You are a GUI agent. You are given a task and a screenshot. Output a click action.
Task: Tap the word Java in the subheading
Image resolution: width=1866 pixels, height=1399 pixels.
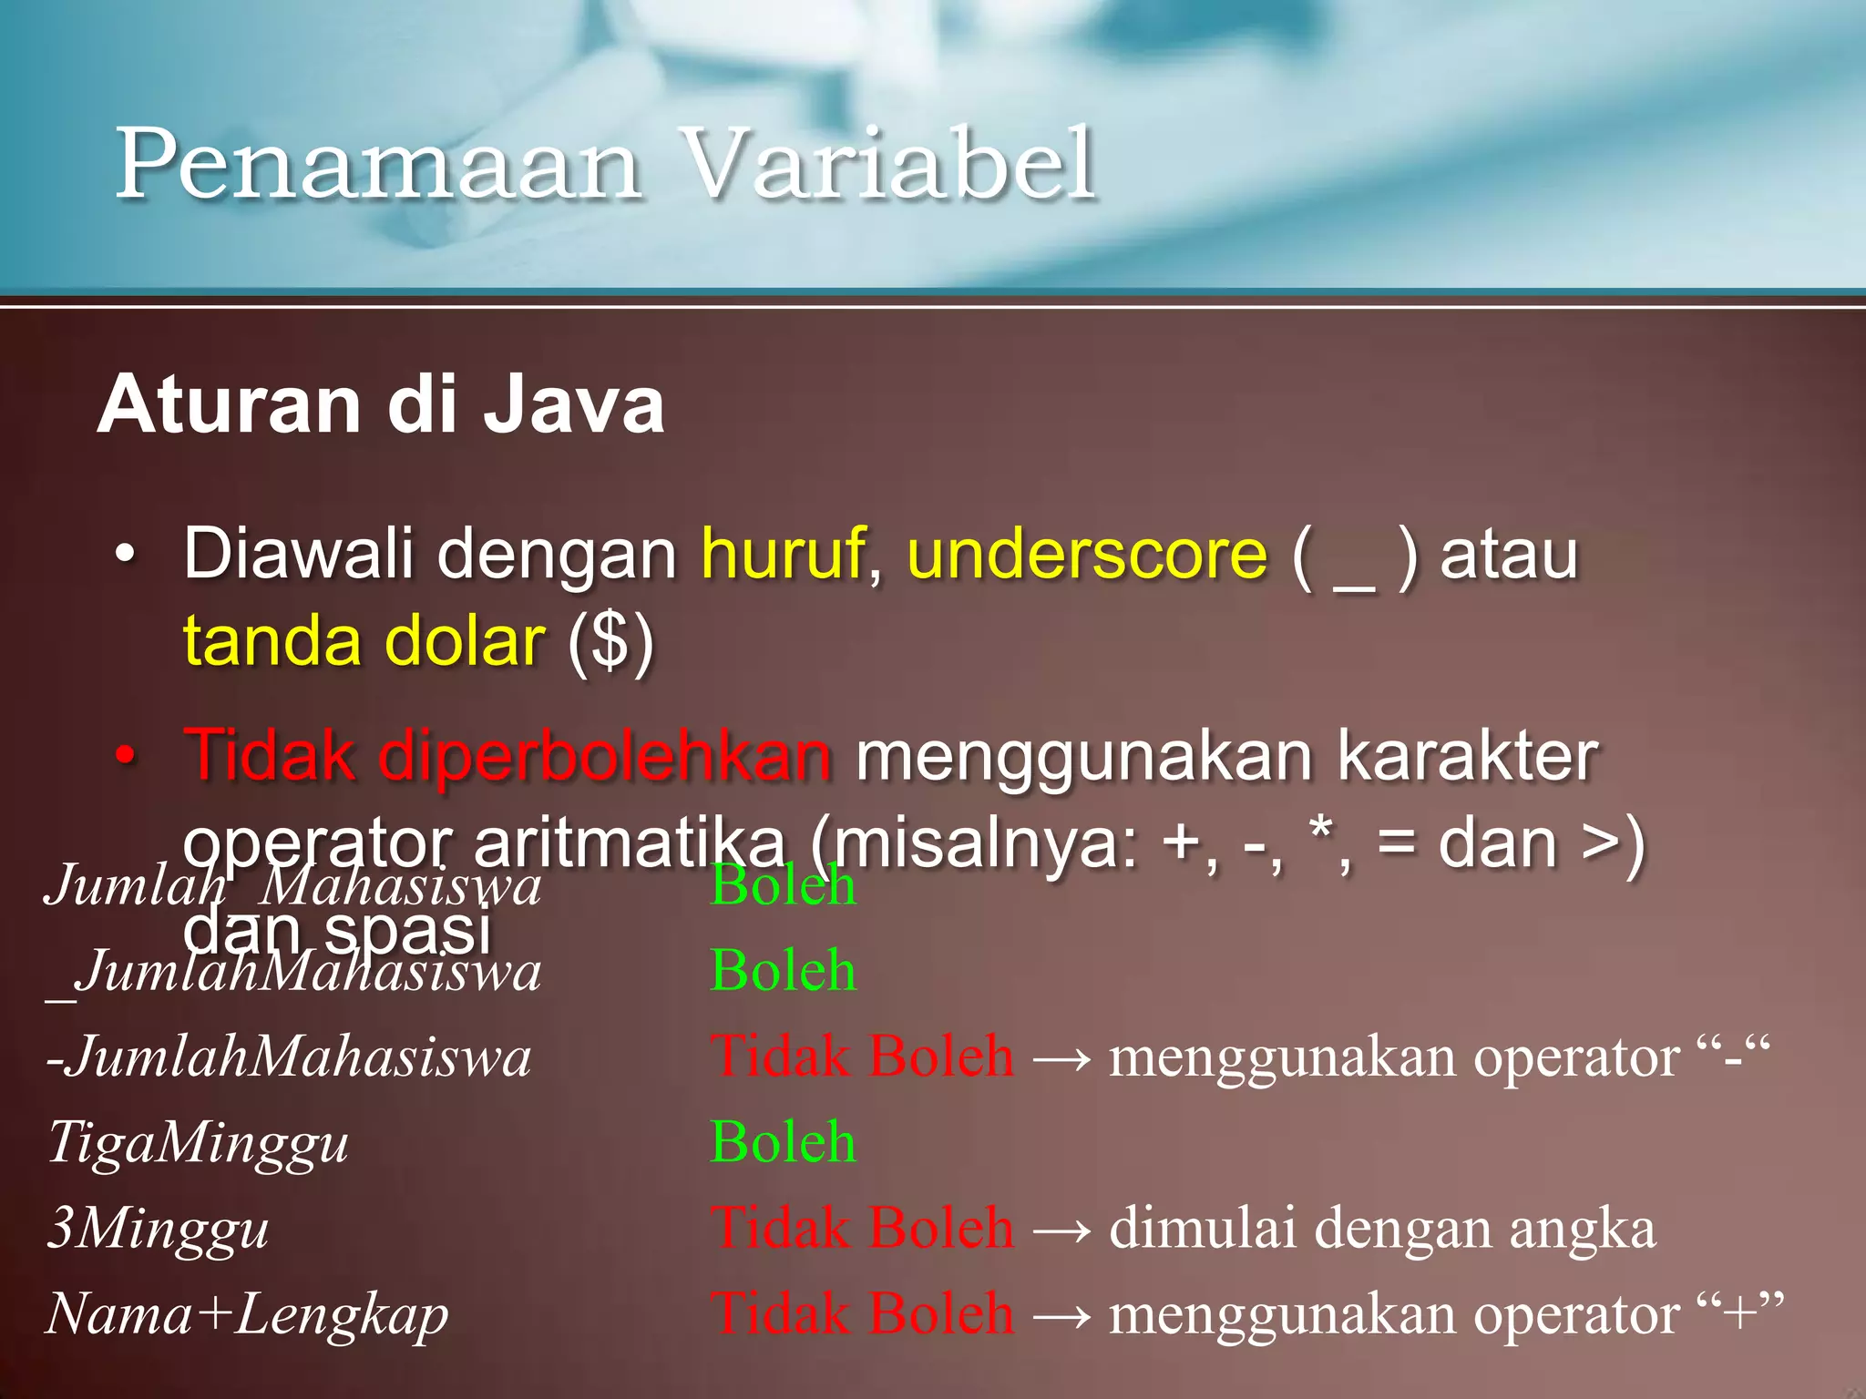574,405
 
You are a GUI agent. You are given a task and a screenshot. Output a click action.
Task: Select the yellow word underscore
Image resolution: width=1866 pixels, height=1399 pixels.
1087,554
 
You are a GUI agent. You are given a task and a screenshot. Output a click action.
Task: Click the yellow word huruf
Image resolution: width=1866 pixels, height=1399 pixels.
782,554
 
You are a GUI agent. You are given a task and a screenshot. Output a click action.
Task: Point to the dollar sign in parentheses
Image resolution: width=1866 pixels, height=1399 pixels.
610,642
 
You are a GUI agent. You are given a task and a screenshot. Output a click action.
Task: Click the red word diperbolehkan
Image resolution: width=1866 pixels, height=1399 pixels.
605,756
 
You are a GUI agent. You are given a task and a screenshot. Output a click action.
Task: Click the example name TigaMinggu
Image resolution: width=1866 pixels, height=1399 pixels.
198,1142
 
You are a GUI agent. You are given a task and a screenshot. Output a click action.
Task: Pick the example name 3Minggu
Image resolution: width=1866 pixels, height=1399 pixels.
158,1228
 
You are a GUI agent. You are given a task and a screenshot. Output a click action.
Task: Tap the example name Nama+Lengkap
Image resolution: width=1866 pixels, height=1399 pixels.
247,1314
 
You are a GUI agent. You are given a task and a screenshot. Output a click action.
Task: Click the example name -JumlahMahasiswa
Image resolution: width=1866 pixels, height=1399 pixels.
289,1057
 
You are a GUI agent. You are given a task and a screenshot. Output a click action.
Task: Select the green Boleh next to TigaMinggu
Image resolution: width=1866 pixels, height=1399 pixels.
783,1142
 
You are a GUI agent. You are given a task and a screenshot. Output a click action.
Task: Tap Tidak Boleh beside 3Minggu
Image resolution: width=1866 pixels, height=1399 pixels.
861,1228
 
